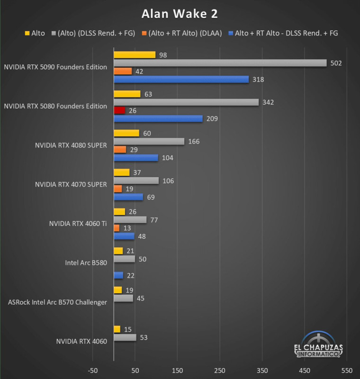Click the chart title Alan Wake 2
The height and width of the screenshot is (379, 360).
coord(180,14)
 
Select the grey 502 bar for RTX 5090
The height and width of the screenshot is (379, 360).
coord(220,63)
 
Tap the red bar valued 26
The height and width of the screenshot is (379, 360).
coord(119,110)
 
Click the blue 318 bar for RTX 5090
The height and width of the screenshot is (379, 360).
coord(181,80)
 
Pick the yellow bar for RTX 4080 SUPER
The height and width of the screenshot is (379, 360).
coord(126,133)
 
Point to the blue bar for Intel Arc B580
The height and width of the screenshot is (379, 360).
coord(118,275)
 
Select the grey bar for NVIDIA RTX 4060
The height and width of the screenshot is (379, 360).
coord(125,337)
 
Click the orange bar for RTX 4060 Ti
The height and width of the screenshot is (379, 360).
coord(117,228)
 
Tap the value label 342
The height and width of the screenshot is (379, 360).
coord(268,102)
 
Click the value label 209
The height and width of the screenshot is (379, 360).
coord(212,118)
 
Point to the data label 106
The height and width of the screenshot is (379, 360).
coord(168,180)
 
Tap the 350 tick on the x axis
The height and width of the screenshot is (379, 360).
coord(262,370)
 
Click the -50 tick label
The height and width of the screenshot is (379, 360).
coord(93,370)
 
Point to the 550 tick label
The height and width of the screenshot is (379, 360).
coord(347,370)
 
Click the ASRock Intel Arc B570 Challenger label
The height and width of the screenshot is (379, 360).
coord(57,302)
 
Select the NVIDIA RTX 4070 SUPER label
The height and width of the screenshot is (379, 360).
coord(71,184)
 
